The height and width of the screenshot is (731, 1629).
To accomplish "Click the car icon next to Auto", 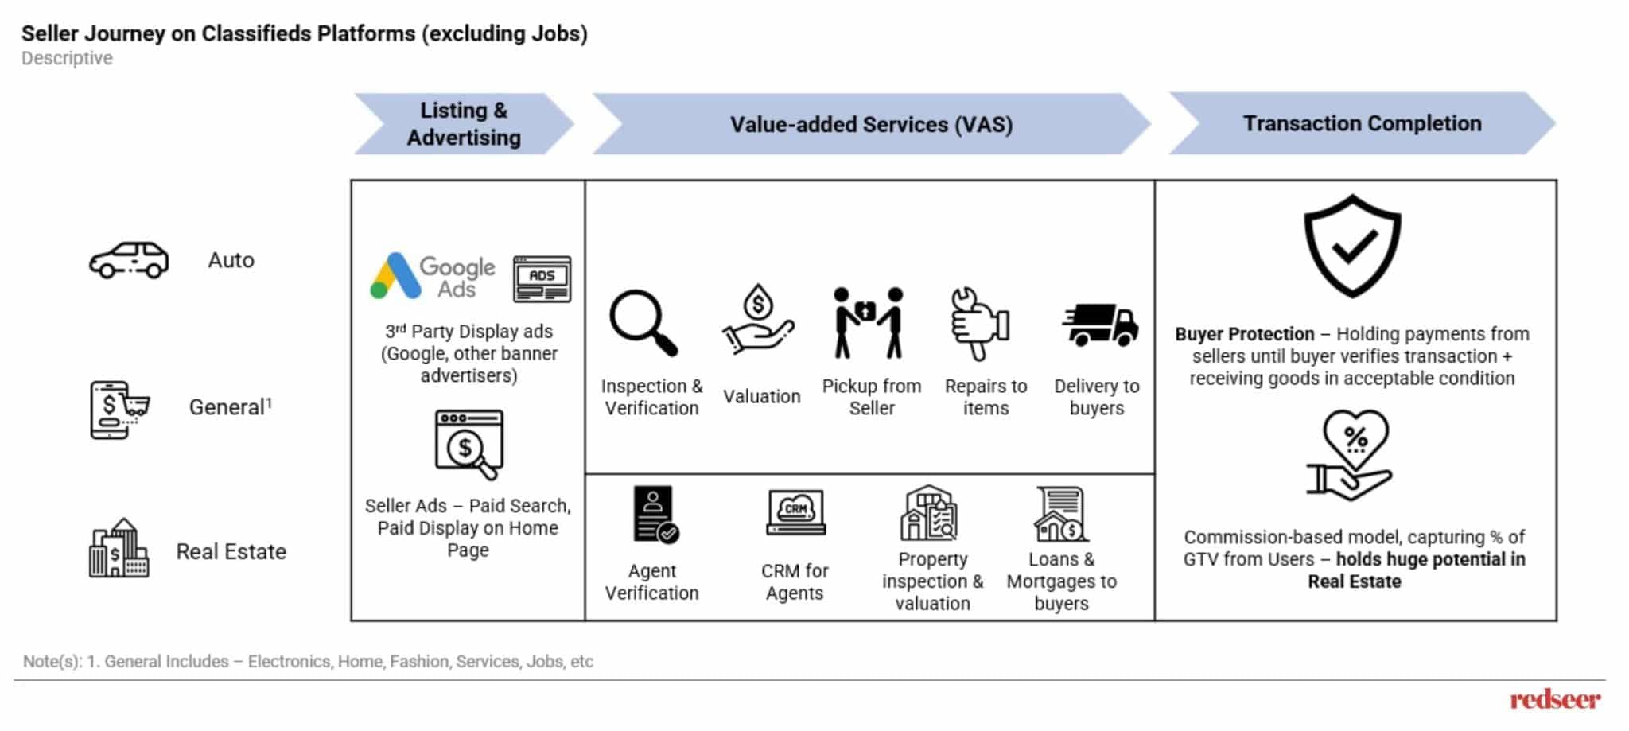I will (129, 260).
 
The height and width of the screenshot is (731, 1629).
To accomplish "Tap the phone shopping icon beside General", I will (119, 410).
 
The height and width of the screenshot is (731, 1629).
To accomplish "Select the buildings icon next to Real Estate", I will (119, 548).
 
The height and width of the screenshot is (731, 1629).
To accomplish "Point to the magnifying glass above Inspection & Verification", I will (643, 322).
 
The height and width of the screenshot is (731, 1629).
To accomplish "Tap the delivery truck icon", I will (1100, 325).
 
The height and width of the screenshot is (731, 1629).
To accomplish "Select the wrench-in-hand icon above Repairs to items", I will (979, 322).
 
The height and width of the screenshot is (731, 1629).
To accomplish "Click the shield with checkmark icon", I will (1352, 246).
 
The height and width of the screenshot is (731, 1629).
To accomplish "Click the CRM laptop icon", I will (795, 512).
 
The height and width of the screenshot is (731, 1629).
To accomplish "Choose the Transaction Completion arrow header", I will (1362, 123).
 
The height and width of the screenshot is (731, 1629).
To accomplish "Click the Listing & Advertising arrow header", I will (464, 123).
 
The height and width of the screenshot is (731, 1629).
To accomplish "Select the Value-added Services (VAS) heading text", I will (871, 124).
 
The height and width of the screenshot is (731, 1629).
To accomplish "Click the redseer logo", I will (1554, 699).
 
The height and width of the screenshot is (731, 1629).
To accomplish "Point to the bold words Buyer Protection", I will (1244, 334).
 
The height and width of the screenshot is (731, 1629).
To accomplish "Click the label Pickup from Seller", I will (871, 397).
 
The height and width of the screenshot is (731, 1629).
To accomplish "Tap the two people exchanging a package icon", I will (869, 322).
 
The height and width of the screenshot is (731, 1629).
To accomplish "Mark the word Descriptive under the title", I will (67, 58).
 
